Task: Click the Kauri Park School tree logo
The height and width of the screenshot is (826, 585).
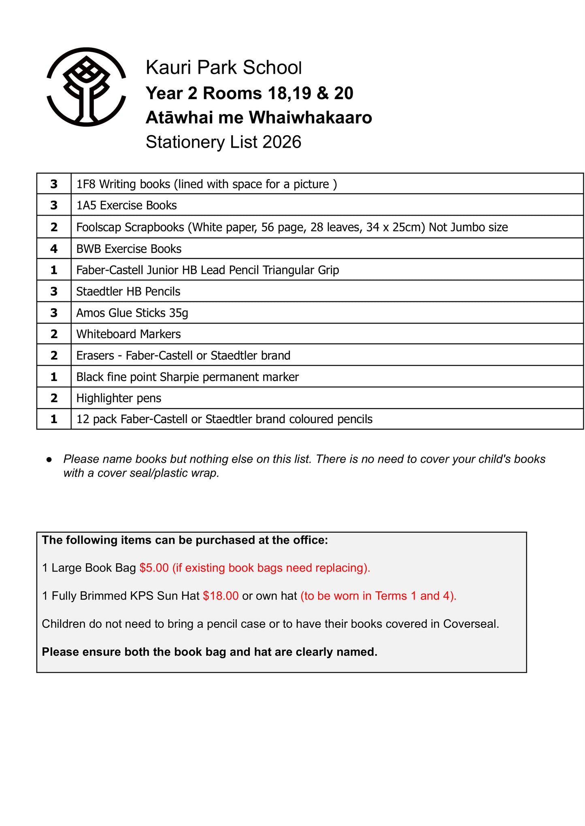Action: pos(86,87)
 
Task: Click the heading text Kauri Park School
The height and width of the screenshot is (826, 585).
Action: pos(223,68)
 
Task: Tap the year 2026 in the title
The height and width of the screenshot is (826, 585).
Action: pos(282,142)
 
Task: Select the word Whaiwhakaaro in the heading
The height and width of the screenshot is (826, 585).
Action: pos(310,118)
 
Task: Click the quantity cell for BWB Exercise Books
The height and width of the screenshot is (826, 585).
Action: pos(54,249)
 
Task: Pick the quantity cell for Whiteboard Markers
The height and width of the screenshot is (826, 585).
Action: pos(54,334)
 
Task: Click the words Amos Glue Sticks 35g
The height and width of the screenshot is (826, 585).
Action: pos(132,313)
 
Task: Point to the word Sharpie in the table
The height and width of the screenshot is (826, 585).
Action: pos(179,377)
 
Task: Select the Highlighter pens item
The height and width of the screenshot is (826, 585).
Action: pos(119,398)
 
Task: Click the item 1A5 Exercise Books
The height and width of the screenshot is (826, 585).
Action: pos(126,205)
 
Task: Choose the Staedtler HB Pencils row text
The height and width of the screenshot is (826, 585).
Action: pos(128,292)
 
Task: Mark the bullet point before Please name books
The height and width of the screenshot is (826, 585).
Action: pos(49,460)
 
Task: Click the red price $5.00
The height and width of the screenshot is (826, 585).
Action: pos(154,568)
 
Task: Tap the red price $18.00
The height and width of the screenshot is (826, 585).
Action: pos(221,596)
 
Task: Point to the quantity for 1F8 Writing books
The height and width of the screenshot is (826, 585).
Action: pos(54,184)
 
